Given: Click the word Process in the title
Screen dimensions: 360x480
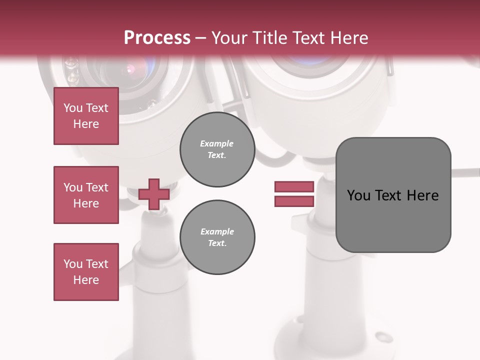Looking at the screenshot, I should point(157,38).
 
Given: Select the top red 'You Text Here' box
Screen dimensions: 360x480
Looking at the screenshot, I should point(86,116).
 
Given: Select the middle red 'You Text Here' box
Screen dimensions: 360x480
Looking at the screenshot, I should point(86,195).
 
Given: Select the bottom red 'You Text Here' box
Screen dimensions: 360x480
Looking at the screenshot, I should point(86,272).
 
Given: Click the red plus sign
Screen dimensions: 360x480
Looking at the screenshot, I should point(153,194).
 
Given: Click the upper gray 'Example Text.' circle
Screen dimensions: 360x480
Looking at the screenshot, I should point(217,149).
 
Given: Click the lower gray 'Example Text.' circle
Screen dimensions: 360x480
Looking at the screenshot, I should point(217,237).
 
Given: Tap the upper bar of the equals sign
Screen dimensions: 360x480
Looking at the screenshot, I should point(294,187).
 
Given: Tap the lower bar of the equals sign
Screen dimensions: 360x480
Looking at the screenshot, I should point(294,201).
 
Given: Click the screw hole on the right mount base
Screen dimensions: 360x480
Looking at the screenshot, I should point(383,336).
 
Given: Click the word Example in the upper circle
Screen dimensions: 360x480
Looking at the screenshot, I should point(217,143).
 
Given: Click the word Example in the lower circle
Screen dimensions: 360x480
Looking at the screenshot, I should point(217,231).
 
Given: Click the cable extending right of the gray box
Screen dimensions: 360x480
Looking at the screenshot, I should point(465,173).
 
